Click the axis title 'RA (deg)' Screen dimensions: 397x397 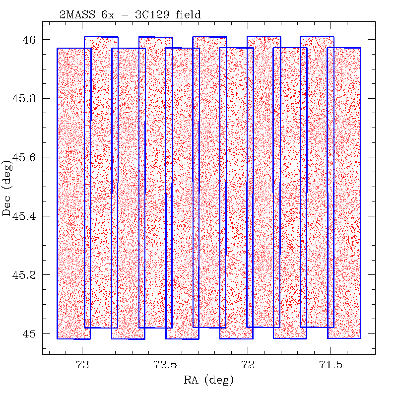[x=208, y=381]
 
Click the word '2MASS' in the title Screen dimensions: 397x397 [x=73, y=15]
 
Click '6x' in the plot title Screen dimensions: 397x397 [x=108, y=15]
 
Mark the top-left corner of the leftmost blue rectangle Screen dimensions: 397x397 [x=58, y=48]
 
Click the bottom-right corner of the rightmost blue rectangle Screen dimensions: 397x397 [x=360, y=338]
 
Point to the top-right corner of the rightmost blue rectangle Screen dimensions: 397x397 [x=360, y=48]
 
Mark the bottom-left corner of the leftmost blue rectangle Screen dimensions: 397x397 [x=58, y=338]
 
